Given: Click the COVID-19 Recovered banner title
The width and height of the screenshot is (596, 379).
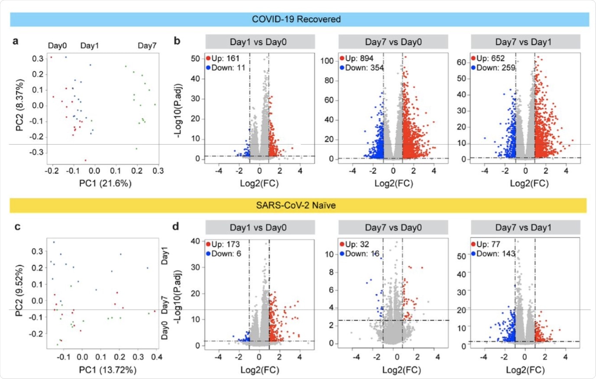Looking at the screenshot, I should (x=296, y=19).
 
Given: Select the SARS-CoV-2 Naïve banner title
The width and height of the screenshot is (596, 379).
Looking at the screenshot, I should (x=296, y=205).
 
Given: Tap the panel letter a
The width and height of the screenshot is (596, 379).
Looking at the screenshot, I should (x=16, y=41).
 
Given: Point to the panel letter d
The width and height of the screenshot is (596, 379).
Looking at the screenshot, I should (x=176, y=226).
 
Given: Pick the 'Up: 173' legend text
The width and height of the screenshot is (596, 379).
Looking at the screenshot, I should (x=225, y=244).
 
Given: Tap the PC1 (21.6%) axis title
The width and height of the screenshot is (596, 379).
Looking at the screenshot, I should (x=105, y=183).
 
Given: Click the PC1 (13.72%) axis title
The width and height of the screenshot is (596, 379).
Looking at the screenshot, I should (x=107, y=369).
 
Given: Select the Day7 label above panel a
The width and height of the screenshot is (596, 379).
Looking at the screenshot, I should (x=147, y=45).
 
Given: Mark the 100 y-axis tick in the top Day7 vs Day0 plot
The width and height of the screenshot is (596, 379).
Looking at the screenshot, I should (x=327, y=61).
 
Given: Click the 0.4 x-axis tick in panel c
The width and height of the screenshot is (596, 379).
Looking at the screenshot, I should (x=157, y=357).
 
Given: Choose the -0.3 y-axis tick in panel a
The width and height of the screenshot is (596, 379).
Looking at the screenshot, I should (x=37, y=152).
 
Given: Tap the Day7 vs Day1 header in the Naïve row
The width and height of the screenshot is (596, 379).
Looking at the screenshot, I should (x=523, y=228).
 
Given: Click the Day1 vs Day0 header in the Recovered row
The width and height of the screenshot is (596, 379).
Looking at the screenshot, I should (x=258, y=42).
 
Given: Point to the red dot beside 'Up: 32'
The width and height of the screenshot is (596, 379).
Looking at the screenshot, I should (x=342, y=244).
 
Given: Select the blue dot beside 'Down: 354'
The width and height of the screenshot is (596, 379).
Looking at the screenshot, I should (x=342, y=68).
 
